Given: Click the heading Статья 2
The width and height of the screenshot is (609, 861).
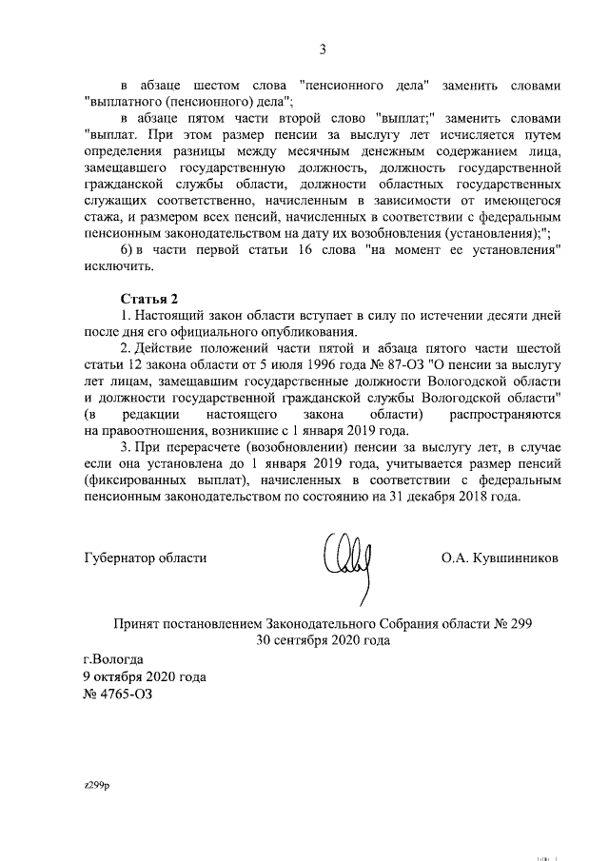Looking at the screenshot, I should pyautogui.click(x=148, y=298).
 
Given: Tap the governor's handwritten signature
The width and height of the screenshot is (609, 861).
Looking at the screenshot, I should pyautogui.click(x=346, y=558).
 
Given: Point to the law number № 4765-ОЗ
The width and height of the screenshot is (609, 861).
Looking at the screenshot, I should pyautogui.click(x=117, y=694).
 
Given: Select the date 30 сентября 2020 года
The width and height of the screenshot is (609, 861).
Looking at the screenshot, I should pyautogui.click(x=323, y=640).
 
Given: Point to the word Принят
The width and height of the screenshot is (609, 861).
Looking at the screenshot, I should pyautogui.click(x=138, y=623).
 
